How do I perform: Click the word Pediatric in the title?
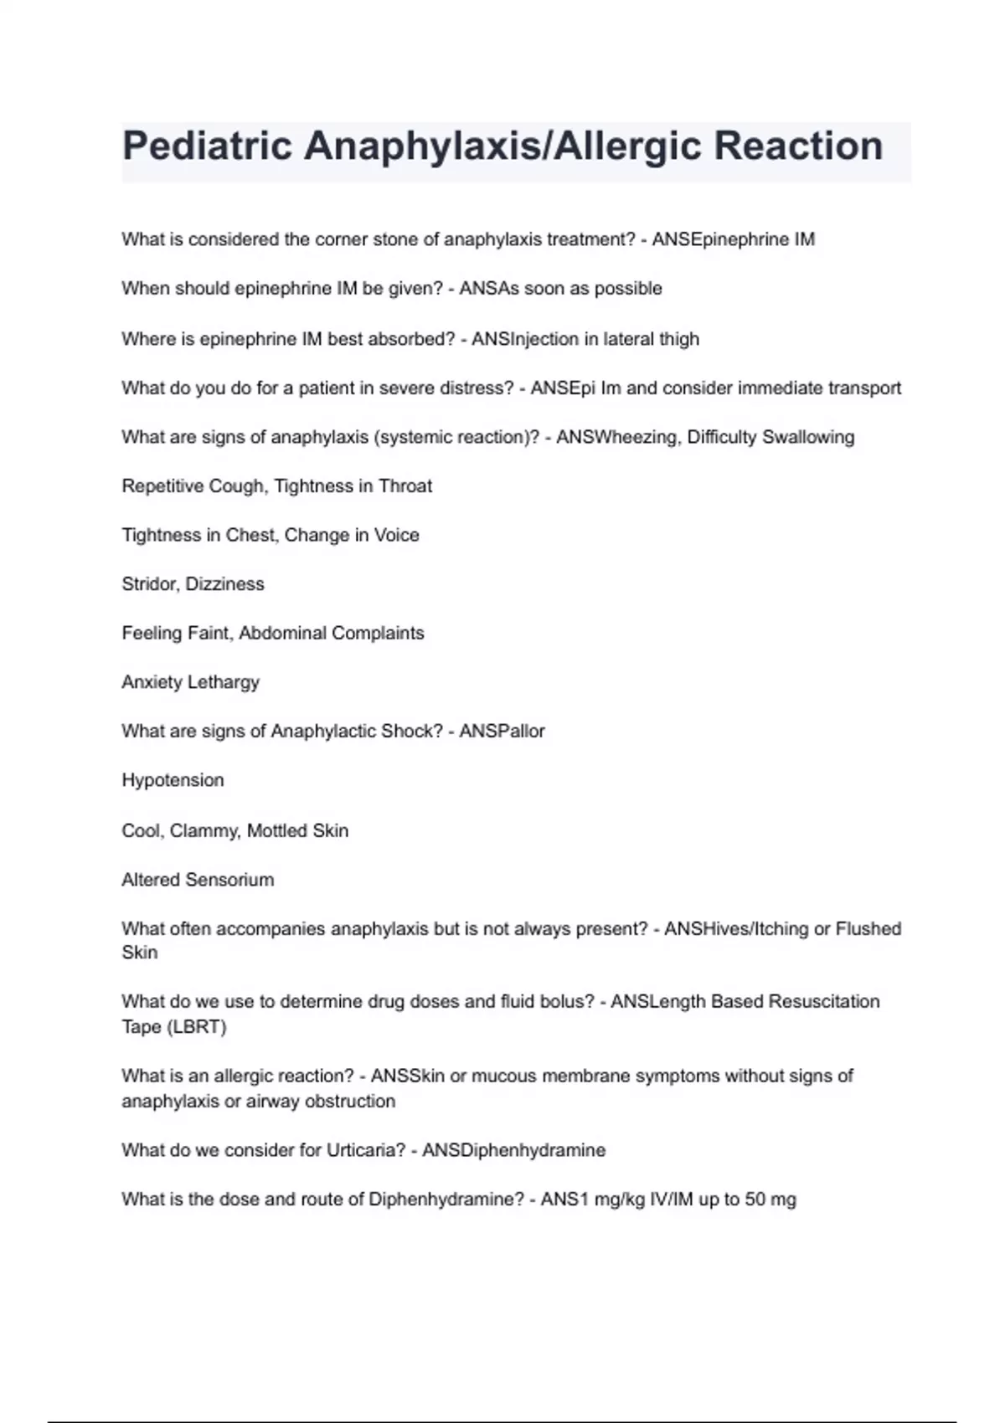(206, 147)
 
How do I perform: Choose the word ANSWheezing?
(617, 437)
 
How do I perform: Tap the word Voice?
(396, 536)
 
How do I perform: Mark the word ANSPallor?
(502, 732)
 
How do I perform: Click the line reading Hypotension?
(173, 780)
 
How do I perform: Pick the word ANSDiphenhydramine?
(513, 1150)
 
